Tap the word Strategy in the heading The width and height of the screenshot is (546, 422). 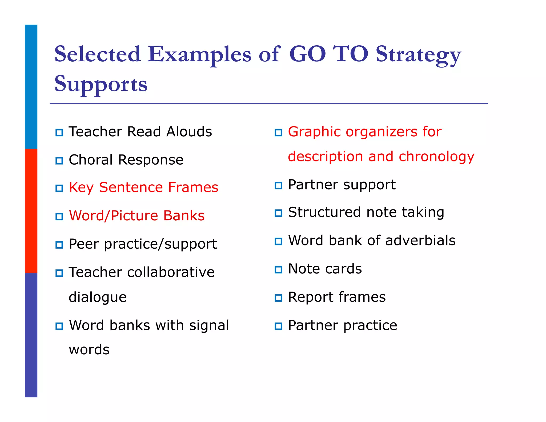click(x=418, y=55)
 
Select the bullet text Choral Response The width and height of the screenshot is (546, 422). click(x=126, y=160)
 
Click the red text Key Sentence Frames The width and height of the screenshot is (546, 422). click(x=143, y=187)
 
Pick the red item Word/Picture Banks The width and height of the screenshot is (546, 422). click(x=136, y=216)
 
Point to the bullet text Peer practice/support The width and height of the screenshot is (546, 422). click(x=143, y=244)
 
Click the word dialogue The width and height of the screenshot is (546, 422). click(x=98, y=297)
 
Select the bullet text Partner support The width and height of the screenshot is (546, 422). click(x=342, y=185)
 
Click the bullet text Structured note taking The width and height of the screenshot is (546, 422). click(x=366, y=212)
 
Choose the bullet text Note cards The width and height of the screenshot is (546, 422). click(x=325, y=269)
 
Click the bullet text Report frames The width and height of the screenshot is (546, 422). click(x=337, y=297)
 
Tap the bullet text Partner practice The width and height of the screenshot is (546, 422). click(x=343, y=325)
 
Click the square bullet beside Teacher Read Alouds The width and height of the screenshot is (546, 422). click(x=59, y=133)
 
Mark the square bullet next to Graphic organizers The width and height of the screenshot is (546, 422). click(x=278, y=133)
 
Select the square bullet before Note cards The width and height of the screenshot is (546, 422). click(x=278, y=270)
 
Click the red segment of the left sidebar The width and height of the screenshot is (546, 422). click(x=31, y=211)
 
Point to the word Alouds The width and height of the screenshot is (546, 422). click(x=189, y=132)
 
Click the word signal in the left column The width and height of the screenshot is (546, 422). click(x=209, y=325)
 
